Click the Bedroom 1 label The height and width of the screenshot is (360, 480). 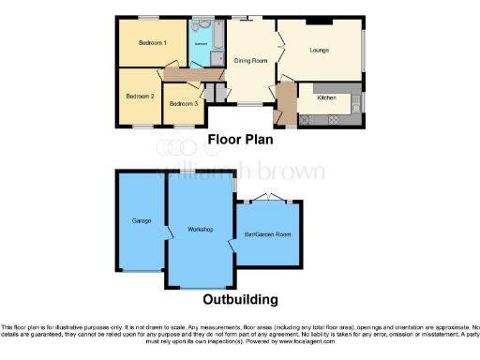(153, 43)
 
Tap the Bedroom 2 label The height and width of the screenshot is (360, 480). (140, 96)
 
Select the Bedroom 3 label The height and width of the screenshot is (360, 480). (183, 103)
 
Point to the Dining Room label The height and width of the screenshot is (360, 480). (250, 61)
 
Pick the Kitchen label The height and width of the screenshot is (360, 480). (326, 97)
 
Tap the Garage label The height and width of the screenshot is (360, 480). (142, 220)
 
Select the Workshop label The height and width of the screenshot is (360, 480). (201, 230)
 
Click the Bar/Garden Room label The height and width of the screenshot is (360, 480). (268, 233)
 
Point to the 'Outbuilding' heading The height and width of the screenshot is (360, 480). (240, 301)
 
